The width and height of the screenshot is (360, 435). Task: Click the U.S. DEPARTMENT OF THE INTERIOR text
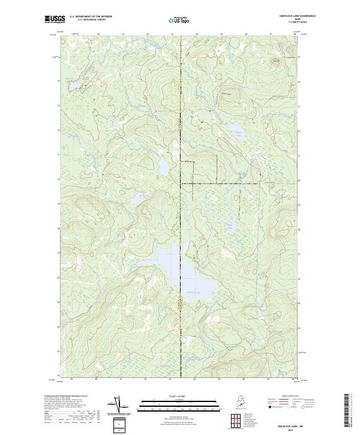[x=91, y=17]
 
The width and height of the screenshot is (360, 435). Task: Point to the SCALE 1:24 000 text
[x=178, y=397]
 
